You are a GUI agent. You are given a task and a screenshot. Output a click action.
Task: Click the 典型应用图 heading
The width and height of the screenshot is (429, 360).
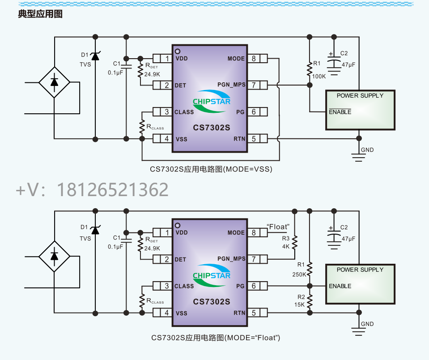click(40, 14)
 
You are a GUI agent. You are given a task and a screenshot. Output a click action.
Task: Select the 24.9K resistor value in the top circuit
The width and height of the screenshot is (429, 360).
click(152, 74)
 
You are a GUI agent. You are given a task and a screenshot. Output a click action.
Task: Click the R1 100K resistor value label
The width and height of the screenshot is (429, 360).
click(319, 76)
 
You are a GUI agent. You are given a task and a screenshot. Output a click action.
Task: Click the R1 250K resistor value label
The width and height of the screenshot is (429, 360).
click(299, 274)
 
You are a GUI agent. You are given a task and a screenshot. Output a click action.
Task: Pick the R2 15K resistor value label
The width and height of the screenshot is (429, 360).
click(299, 304)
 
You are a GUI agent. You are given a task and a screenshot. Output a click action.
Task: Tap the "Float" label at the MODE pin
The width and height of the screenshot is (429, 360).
click(278, 227)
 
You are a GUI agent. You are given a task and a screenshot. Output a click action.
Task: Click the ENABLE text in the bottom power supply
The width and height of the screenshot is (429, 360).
click(340, 286)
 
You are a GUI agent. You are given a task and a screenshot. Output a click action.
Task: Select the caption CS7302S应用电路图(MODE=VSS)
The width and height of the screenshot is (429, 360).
click(211, 169)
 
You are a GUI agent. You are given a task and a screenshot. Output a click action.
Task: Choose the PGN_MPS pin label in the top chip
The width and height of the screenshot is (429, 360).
click(231, 85)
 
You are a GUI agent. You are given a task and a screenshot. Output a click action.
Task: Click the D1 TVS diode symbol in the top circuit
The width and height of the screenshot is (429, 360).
click(95, 56)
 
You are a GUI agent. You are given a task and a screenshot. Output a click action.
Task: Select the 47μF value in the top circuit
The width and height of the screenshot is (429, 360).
click(348, 64)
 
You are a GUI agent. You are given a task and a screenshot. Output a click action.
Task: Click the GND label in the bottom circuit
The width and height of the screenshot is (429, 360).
click(367, 324)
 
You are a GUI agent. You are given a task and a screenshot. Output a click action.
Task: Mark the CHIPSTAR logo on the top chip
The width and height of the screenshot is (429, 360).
click(212, 101)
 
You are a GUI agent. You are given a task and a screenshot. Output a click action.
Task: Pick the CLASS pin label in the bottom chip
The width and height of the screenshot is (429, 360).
click(184, 286)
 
